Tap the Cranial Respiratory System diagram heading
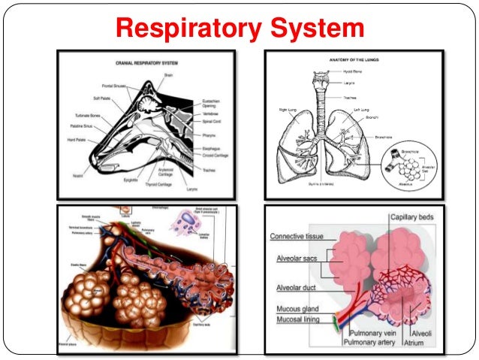point(146,62)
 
